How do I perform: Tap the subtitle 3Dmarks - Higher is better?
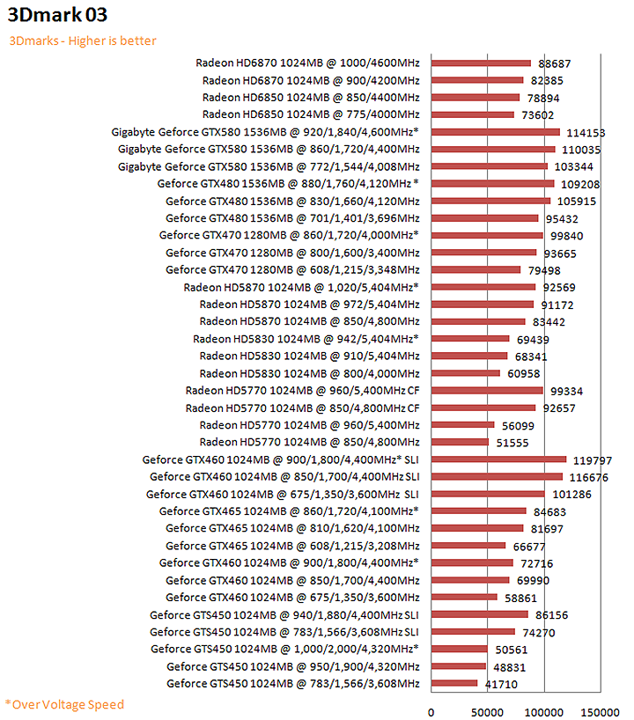coord(83,40)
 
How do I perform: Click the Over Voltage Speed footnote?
coord(65,704)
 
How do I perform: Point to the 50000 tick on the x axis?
coord(486,711)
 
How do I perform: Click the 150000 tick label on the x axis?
coord(599,711)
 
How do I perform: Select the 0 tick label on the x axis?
coord(431,711)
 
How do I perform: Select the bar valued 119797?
coord(498,459)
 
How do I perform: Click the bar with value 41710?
coord(454,683)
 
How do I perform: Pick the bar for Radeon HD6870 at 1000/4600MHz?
coord(481,62)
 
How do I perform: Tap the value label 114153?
coord(584,132)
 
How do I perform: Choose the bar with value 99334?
coord(487,390)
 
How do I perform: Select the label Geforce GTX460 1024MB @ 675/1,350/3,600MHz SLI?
coord(282,494)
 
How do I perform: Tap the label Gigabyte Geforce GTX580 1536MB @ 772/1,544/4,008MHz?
coord(268,166)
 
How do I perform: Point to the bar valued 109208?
coord(492,183)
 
